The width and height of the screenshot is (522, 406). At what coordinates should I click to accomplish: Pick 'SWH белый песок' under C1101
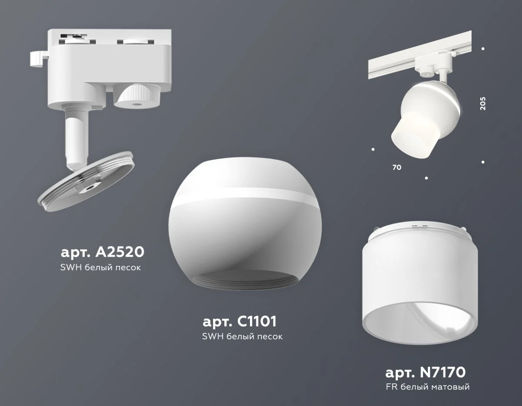coord(242,336)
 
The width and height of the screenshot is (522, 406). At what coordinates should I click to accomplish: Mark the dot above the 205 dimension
coord(483,49)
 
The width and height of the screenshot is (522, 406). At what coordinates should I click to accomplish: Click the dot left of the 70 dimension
coord(373,151)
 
